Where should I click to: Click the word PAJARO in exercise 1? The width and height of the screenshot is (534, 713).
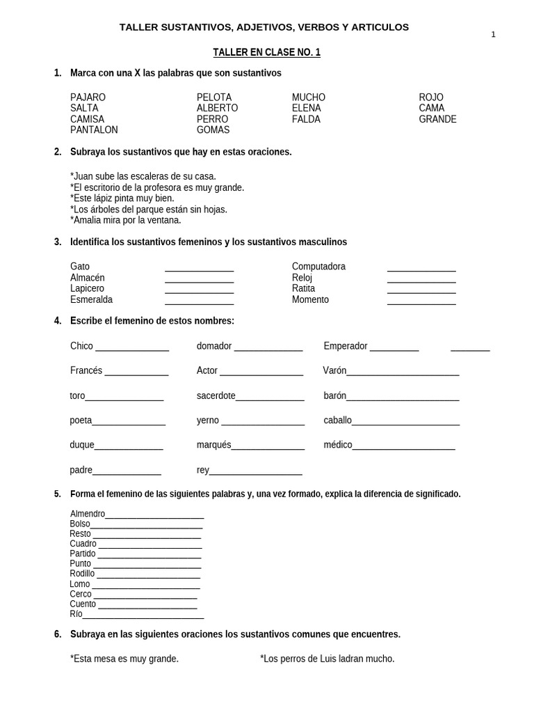point(88,97)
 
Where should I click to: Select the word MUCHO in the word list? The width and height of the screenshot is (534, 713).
point(308,97)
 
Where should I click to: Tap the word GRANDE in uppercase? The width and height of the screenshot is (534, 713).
point(437,119)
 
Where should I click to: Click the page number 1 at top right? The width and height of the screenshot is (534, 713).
point(493,35)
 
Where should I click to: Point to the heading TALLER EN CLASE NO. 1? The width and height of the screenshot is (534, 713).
point(266,52)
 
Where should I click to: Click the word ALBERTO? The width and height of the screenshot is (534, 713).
point(217,108)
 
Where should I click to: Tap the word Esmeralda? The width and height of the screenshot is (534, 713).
point(91,299)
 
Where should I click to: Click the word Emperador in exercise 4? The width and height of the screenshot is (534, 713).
point(345,346)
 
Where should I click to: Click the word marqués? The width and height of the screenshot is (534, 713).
point(213,445)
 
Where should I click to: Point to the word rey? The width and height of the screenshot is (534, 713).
point(202,470)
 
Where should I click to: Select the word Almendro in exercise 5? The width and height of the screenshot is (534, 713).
point(88,514)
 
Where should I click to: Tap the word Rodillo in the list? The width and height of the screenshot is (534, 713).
point(82,574)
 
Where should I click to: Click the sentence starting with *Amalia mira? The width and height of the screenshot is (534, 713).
point(125,220)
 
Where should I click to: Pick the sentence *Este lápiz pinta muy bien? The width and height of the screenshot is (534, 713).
point(122,198)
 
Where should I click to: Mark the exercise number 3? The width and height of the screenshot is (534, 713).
point(58,242)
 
